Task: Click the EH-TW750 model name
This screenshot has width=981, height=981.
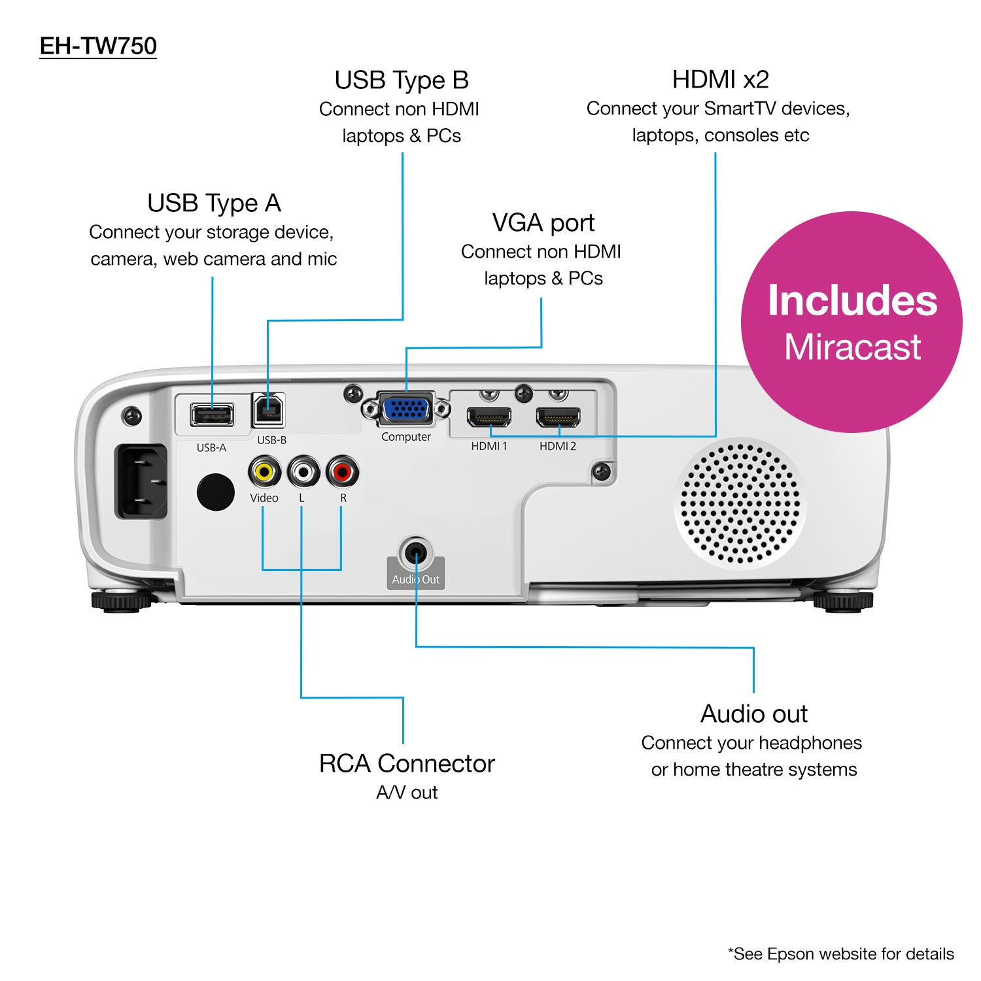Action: (98, 46)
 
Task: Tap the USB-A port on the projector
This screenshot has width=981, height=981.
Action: (212, 414)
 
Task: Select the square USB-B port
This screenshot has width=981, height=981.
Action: (268, 410)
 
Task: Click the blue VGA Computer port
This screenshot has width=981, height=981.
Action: (406, 409)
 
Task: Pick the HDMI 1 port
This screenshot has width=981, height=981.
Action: (489, 417)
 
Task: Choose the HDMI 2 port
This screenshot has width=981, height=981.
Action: (558, 417)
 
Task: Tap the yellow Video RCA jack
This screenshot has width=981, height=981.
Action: (264, 471)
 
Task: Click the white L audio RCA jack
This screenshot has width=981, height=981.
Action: (303, 471)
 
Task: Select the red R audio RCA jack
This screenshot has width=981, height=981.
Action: (343, 471)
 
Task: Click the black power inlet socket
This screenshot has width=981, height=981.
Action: (141, 481)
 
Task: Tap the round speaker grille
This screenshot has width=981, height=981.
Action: (740, 504)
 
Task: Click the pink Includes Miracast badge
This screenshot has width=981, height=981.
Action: (852, 322)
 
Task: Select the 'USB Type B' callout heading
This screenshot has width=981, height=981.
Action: (402, 80)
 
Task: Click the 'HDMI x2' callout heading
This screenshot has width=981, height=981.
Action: (720, 80)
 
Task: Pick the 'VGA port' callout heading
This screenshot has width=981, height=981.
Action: (543, 223)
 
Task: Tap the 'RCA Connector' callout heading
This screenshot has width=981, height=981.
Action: (407, 763)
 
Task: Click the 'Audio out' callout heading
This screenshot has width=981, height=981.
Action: (753, 714)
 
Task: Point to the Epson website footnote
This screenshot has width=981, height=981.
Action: (840, 954)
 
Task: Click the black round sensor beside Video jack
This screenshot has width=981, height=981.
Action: (216, 492)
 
